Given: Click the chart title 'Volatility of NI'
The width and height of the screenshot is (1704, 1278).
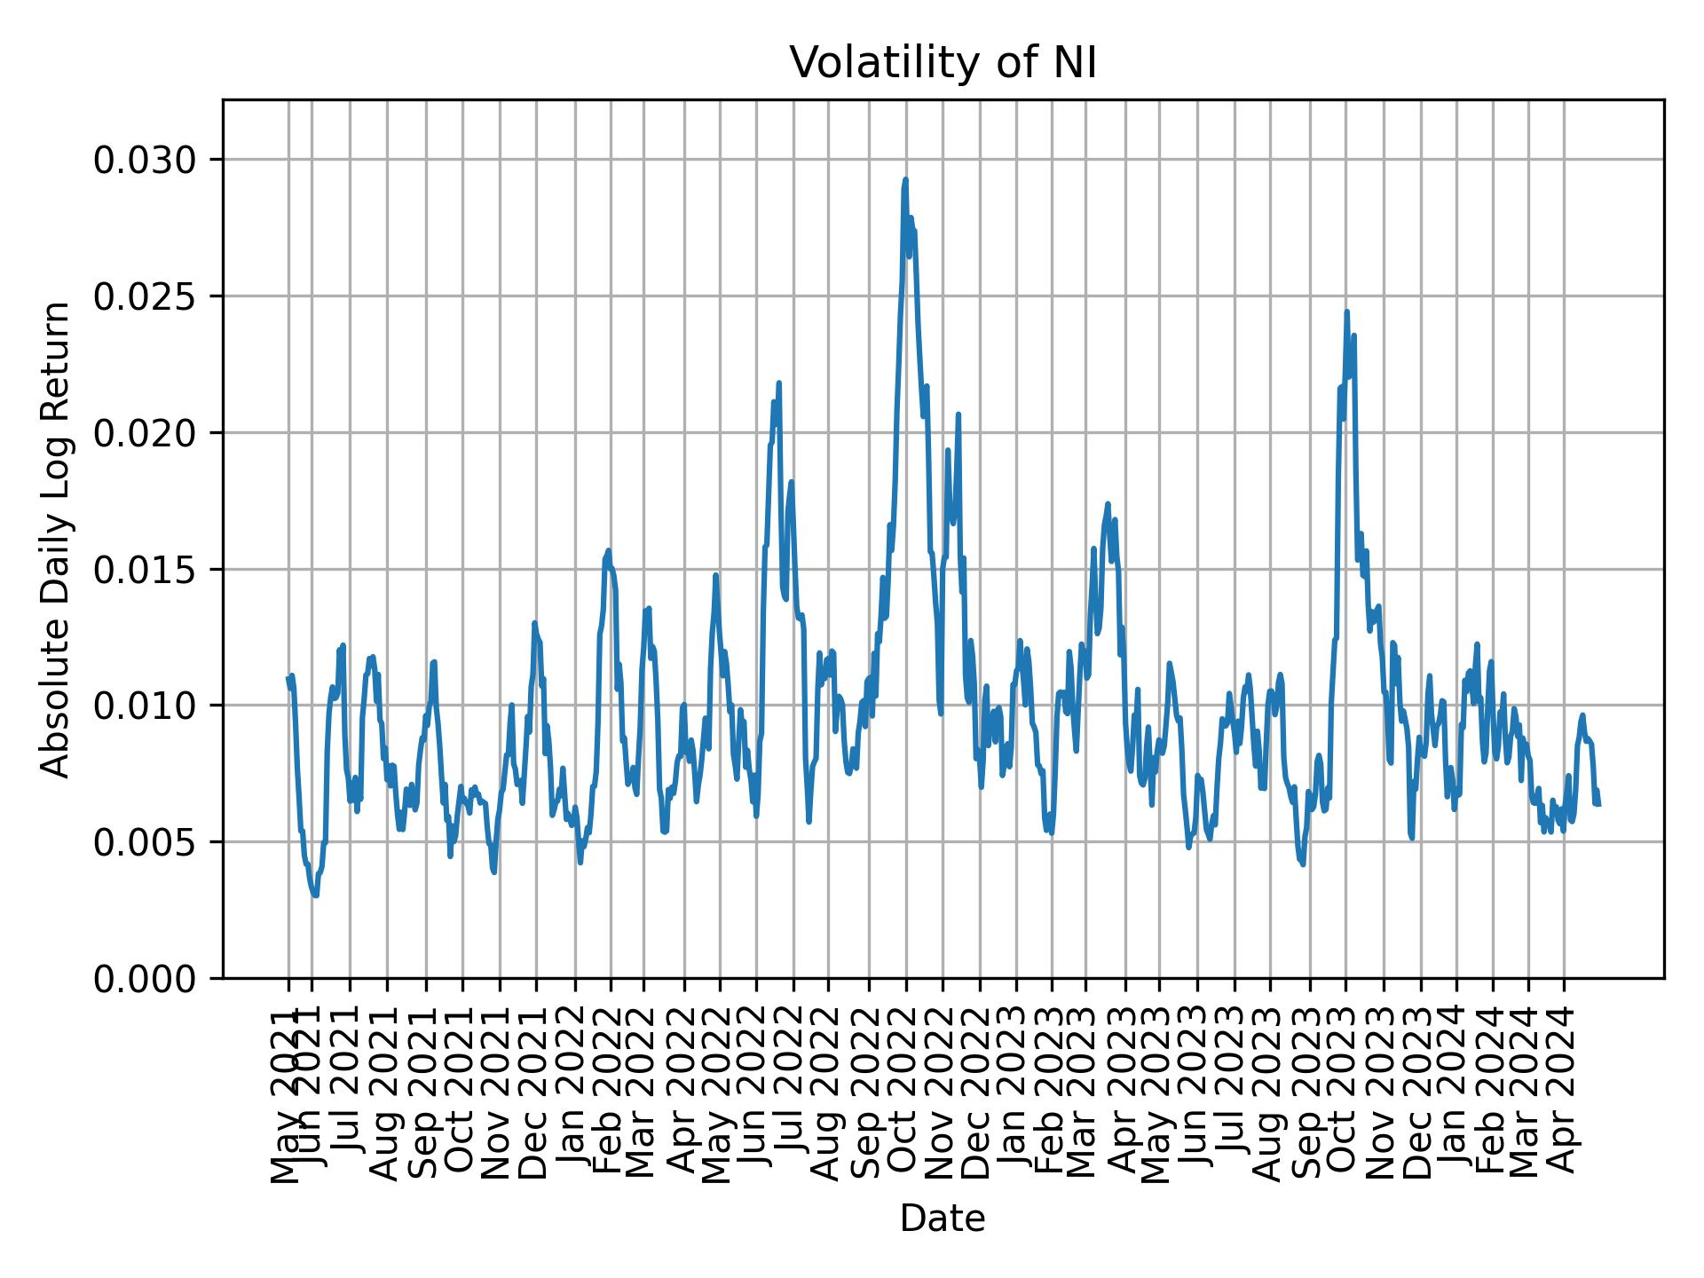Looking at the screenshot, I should click(943, 63).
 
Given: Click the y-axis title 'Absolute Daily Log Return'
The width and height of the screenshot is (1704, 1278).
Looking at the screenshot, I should click(57, 539).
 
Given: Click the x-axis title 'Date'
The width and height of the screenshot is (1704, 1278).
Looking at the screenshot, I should click(943, 1219).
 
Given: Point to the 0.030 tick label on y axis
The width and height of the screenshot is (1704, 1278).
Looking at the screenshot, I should click(144, 160).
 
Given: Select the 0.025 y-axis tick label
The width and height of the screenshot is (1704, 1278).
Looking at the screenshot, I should click(144, 296).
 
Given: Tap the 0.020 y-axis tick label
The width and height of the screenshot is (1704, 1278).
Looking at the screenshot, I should click(144, 433).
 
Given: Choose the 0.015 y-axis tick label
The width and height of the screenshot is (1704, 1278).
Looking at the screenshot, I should click(144, 569).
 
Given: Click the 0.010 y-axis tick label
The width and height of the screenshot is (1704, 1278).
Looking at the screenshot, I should click(144, 706).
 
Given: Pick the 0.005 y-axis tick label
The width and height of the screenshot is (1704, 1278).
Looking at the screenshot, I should click(144, 841).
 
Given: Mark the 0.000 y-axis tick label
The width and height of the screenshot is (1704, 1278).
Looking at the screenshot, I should click(144, 978).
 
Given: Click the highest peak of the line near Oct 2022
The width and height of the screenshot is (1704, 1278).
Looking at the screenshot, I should click(905, 179).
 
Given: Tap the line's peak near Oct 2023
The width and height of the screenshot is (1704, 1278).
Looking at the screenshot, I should click(1346, 312).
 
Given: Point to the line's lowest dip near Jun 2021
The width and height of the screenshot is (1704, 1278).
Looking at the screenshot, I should click(315, 895).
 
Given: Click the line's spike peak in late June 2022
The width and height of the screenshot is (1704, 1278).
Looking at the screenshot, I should click(778, 383).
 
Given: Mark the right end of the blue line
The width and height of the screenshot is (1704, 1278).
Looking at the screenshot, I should click(1598, 804).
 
